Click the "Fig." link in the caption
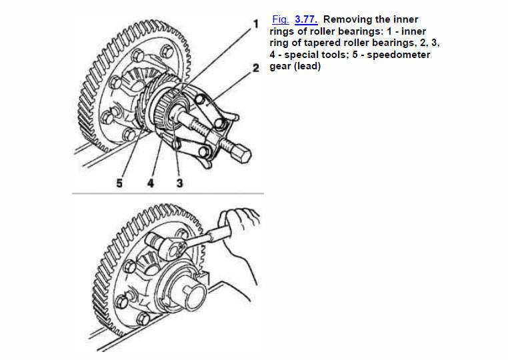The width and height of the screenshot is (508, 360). click(x=281, y=19)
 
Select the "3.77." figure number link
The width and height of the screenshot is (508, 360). click(x=306, y=19)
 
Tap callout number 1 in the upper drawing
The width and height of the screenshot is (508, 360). click(x=256, y=24)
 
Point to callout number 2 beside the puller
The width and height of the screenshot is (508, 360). click(x=256, y=68)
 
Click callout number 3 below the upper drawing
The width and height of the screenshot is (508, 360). click(x=180, y=183)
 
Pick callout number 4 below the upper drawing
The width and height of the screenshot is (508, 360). click(x=151, y=183)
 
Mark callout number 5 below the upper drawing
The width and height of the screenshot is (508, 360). click(x=119, y=183)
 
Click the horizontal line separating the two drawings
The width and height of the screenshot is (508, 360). click(x=168, y=193)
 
